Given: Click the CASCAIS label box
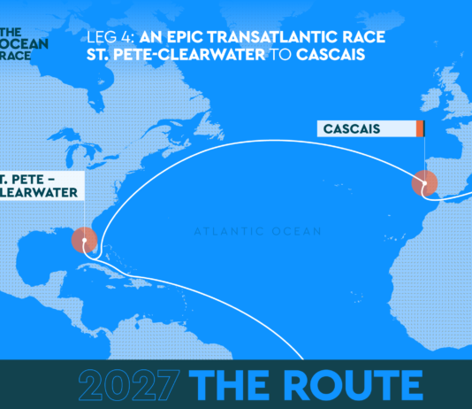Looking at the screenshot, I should pos(367,130).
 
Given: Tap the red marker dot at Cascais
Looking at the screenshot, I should pos(424,184).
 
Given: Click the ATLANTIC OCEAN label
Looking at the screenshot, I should pos(256,232).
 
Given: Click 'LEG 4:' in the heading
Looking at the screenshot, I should pos(108,38).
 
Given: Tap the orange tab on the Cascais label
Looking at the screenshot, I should pos(420,130).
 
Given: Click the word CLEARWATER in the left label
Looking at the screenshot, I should pos(35,191).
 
